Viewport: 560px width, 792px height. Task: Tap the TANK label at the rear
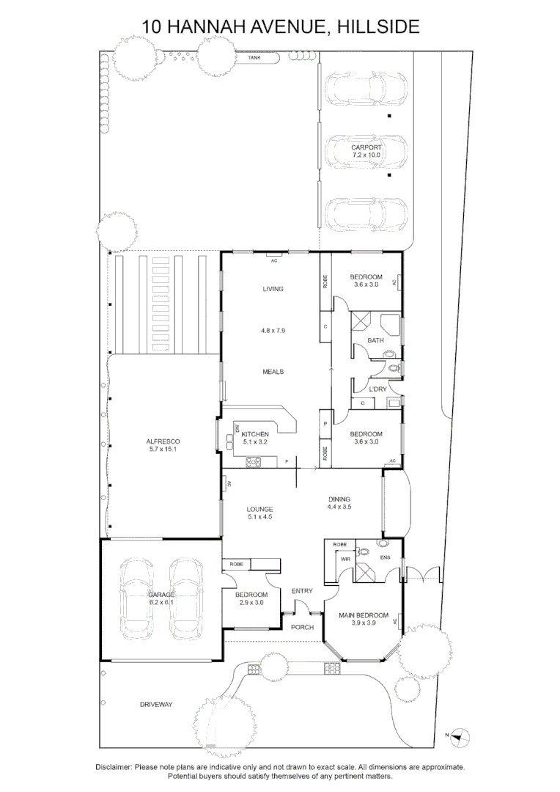tap(254, 57)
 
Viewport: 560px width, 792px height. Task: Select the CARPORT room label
tap(366, 147)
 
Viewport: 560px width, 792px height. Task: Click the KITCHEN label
tap(254, 434)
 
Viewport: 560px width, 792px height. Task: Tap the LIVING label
tap(273, 289)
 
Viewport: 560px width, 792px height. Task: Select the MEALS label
tap(273, 372)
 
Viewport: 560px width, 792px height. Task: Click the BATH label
tap(376, 340)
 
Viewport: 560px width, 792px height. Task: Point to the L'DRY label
tap(377, 389)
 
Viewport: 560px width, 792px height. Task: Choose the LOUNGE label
tap(259, 509)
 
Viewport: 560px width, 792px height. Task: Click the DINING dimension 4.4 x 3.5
tap(339, 507)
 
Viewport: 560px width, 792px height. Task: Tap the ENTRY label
tap(302, 591)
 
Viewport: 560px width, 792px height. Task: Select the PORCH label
tap(302, 627)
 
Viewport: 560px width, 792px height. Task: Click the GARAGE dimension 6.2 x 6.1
tap(161, 602)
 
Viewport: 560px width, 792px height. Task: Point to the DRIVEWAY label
tap(156, 705)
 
